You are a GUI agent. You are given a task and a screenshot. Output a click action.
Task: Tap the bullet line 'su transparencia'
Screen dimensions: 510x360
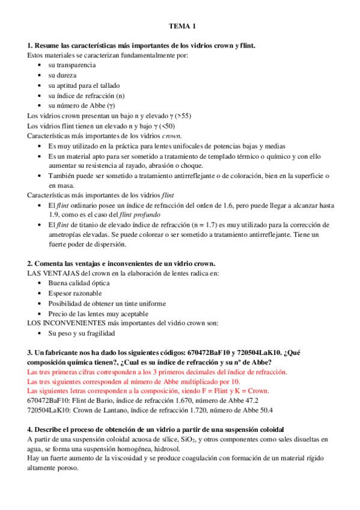click(x=72, y=64)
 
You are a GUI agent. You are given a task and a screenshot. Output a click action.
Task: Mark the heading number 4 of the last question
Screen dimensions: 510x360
click(x=30, y=431)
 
